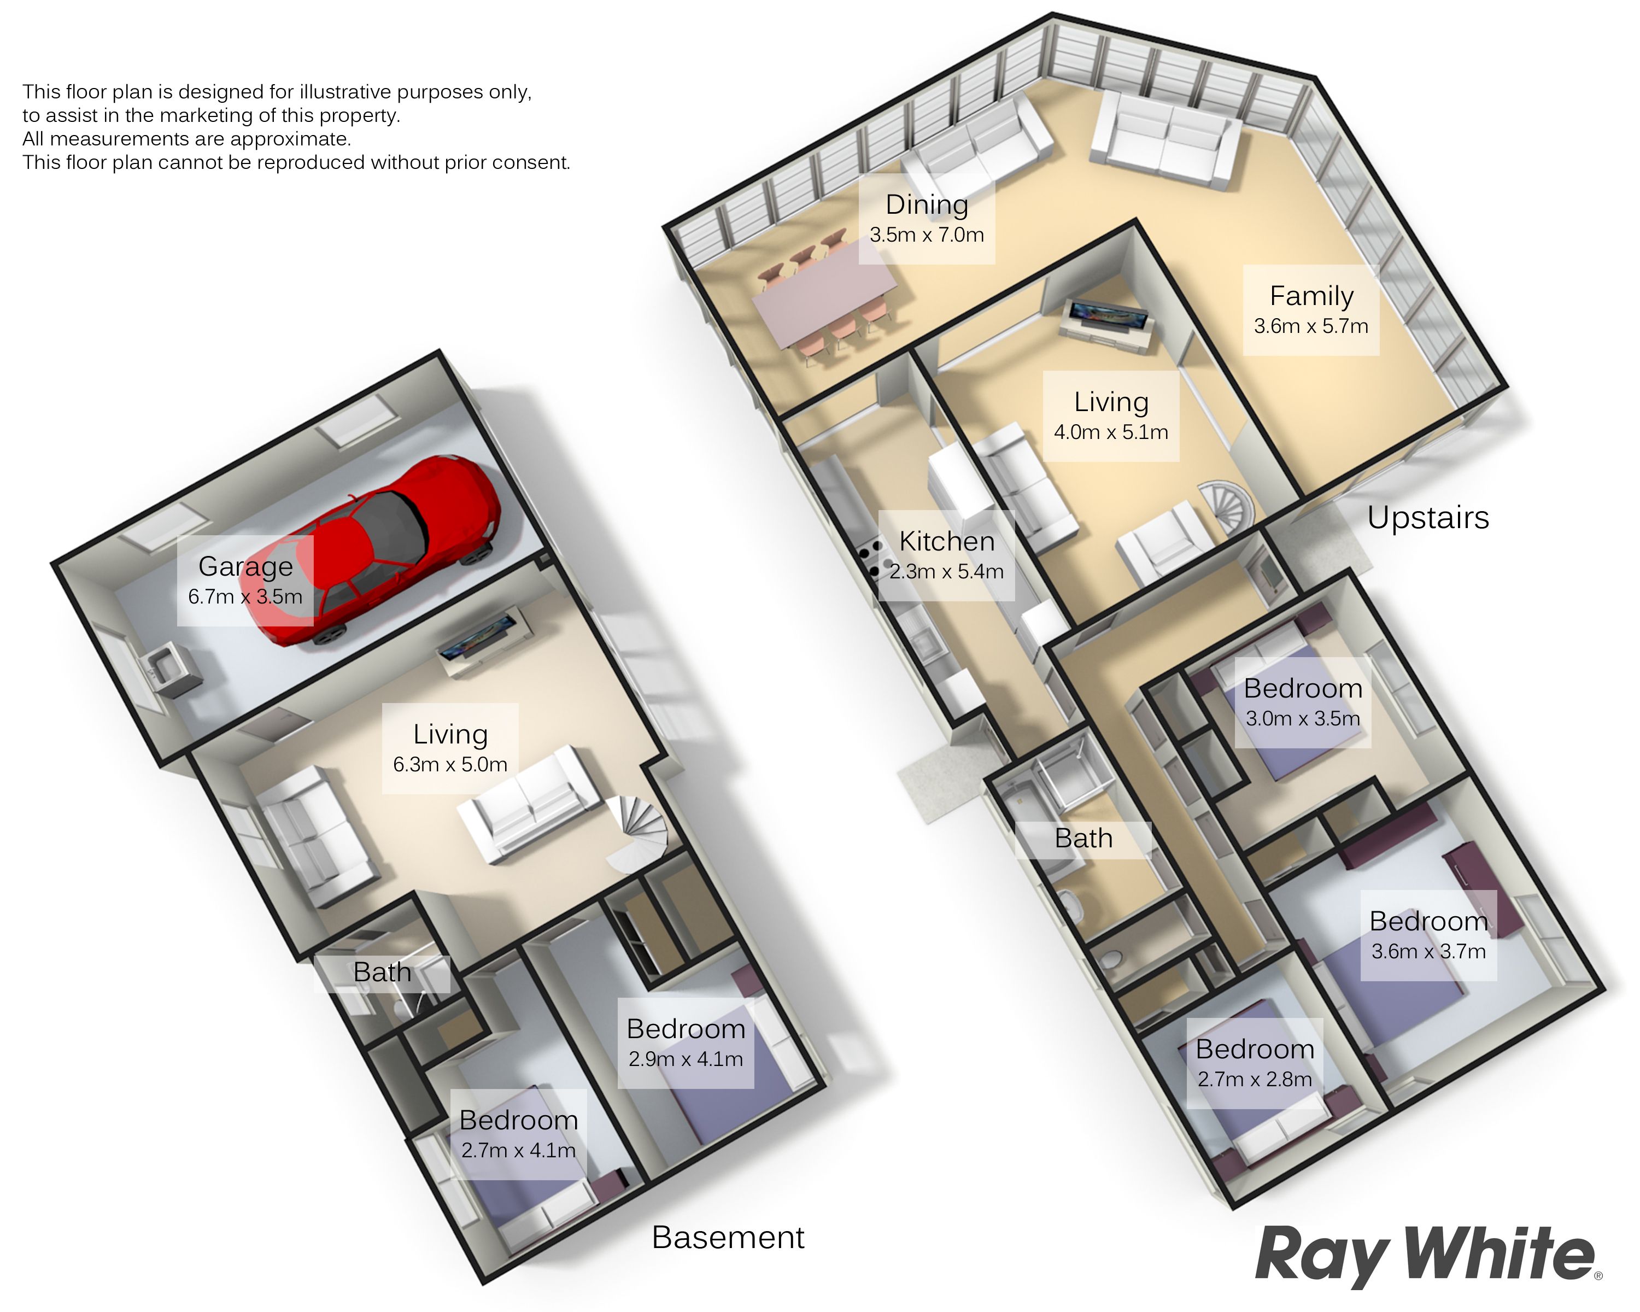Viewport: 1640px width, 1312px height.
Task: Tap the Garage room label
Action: (245, 567)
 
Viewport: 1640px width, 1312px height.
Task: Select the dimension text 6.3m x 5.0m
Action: (450, 764)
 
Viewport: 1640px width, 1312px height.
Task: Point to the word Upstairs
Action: (1428, 517)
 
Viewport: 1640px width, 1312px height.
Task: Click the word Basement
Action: (728, 1238)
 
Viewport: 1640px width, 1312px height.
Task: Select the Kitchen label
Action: (947, 542)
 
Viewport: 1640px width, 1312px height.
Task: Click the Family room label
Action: (1311, 296)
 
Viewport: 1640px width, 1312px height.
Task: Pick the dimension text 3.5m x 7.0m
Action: (927, 235)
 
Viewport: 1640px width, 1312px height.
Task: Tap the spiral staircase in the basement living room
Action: (639, 834)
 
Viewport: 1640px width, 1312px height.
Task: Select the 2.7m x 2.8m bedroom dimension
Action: (1255, 1079)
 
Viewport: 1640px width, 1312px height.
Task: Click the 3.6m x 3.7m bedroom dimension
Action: (1428, 952)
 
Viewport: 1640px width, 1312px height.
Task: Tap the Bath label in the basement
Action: (382, 972)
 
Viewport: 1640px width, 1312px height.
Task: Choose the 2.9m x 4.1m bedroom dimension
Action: (686, 1059)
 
